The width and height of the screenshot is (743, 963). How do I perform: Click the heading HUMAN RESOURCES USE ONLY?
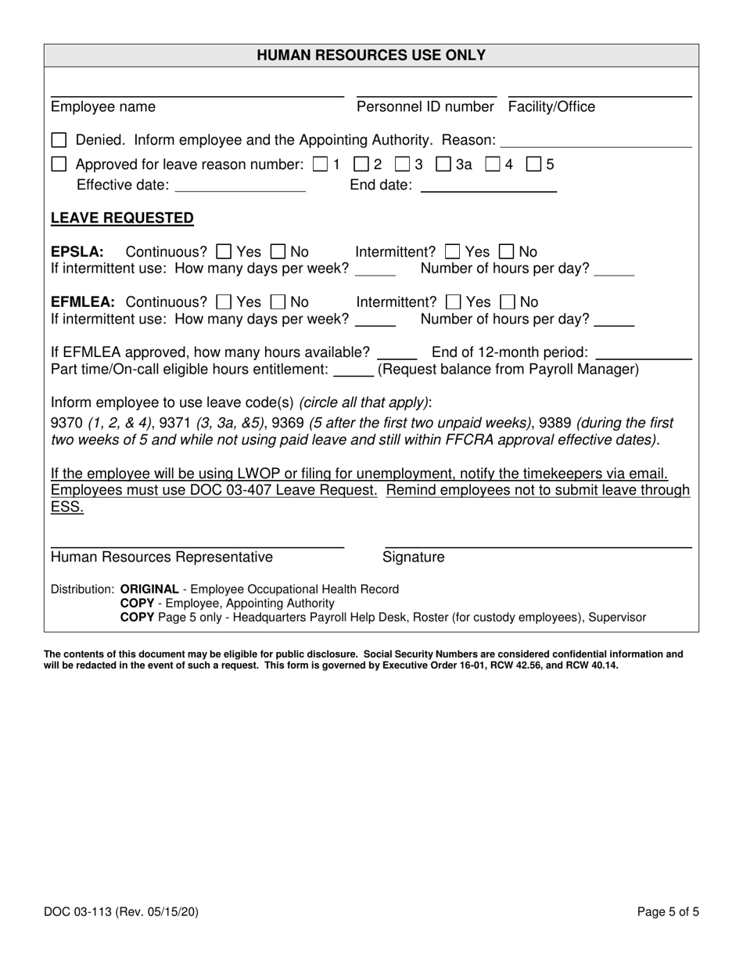(371, 56)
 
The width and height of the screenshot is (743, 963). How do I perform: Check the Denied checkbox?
(59, 141)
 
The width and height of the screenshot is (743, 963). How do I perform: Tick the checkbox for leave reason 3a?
(443, 165)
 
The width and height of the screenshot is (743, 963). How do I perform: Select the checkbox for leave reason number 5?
(534, 165)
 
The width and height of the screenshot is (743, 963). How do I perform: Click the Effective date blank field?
(241, 186)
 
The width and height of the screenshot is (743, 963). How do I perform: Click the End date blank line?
(488, 186)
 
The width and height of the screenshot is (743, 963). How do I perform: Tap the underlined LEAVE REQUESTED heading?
(122, 218)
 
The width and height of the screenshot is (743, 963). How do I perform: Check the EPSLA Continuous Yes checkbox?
(224, 252)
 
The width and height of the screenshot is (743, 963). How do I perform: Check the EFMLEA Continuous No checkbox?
(278, 302)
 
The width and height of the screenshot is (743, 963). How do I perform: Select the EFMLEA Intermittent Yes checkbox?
(453, 302)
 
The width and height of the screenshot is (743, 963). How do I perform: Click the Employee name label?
(103, 107)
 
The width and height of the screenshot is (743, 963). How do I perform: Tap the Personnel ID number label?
(425, 107)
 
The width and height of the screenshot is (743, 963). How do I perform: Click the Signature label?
(413, 557)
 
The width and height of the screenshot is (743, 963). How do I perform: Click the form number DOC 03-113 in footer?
(84, 911)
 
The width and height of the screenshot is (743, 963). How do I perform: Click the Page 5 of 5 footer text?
(667, 911)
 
